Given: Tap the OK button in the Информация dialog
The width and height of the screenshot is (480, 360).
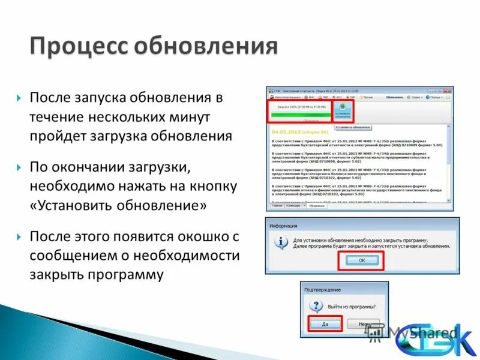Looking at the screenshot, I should coord(361,260).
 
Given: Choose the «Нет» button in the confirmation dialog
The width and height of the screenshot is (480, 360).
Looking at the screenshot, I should coord(362,323).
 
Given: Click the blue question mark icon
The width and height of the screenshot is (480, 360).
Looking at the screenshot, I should coord(316,307).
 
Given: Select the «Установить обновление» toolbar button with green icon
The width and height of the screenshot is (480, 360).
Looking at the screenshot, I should coord(343,111).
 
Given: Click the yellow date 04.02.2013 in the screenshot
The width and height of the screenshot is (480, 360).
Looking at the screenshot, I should coord(287,131).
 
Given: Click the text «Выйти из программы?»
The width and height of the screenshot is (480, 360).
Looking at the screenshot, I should coord(352,307).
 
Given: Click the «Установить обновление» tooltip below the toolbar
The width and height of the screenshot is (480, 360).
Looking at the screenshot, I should coord(353,127).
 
